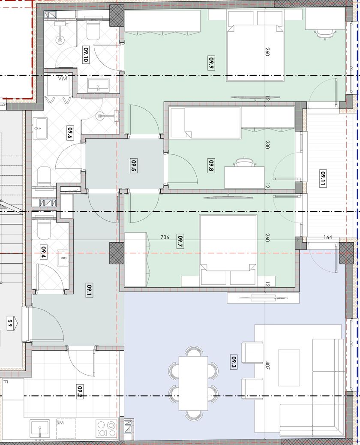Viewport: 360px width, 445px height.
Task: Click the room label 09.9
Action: (x=211, y=63)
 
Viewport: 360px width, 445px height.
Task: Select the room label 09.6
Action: (x=70, y=133)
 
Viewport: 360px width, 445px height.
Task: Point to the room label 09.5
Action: (x=134, y=165)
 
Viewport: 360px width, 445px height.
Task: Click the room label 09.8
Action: (x=211, y=165)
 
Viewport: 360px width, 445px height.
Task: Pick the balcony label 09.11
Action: (x=323, y=178)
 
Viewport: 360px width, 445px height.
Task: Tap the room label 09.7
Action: (x=180, y=241)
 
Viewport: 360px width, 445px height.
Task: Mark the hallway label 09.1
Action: (x=89, y=291)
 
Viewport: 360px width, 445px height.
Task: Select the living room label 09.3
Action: (x=234, y=361)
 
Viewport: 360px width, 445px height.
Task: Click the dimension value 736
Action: (x=165, y=237)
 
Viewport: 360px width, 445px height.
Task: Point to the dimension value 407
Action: (x=267, y=365)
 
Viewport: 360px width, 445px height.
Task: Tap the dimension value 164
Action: (x=328, y=237)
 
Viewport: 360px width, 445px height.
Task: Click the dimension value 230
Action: (x=267, y=144)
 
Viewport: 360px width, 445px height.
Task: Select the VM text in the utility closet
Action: (x=63, y=78)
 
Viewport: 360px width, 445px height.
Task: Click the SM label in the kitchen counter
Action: (x=60, y=423)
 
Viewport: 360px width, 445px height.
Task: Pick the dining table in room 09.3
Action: (x=193, y=383)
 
